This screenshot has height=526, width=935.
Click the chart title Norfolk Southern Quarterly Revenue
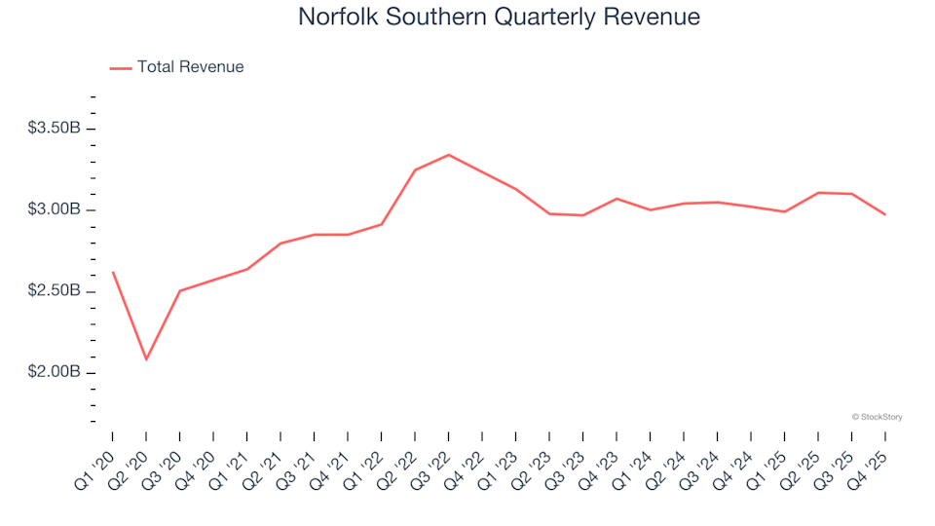[x=499, y=18]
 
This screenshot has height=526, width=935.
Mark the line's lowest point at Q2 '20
[x=146, y=359]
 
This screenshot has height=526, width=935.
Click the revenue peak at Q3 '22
[x=448, y=155]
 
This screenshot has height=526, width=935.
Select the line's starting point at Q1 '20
[x=113, y=273]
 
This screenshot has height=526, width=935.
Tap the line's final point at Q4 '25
[x=884, y=214]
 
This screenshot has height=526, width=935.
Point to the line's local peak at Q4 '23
[x=616, y=199]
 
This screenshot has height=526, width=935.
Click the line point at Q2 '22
[x=415, y=170]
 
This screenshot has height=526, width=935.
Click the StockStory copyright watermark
[x=877, y=417]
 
